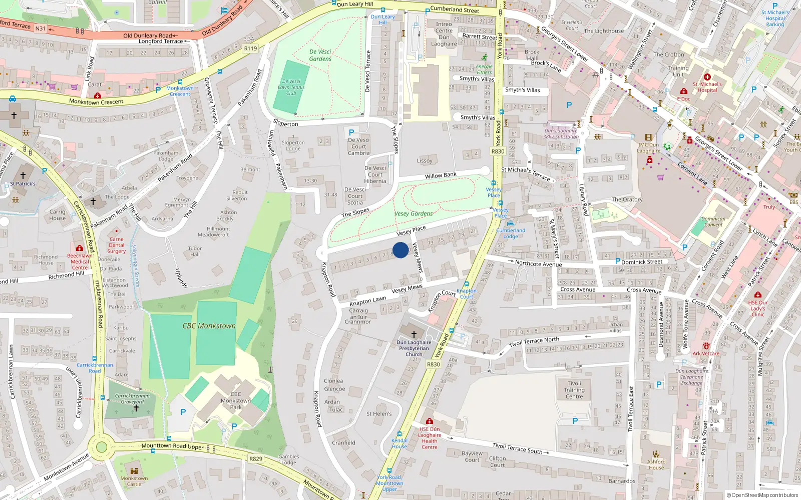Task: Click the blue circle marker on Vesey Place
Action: point(400,250)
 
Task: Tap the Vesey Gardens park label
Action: point(414,213)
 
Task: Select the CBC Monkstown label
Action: point(209,325)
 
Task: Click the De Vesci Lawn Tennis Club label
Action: point(291,87)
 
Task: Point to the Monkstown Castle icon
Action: point(134,470)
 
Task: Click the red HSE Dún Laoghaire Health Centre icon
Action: point(429,421)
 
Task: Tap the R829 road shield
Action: point(256,458)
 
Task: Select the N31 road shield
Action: point(41,28)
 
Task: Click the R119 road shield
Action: point(250,48)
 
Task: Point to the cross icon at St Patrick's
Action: point(23,175)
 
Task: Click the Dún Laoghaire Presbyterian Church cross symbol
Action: point(414,334)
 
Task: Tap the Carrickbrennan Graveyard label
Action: point(132,398)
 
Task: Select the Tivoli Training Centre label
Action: point(574,389)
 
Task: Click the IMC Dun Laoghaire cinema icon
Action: point(649,137)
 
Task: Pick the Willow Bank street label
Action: point(441,175)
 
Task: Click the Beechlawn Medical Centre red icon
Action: point(79,248)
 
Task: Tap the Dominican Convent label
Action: point(713,221)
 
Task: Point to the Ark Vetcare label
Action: point(706,353)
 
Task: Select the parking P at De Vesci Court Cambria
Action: point(351,132)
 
